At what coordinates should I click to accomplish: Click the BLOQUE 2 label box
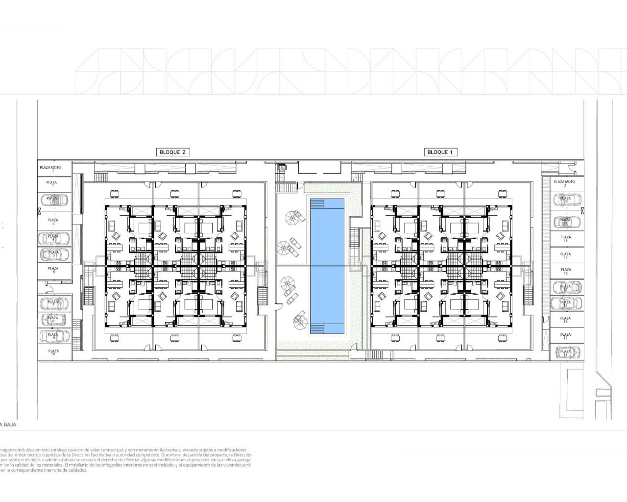(172, 152)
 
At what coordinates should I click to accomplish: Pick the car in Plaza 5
(53, 253)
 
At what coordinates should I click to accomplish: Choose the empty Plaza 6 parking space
(53, 270)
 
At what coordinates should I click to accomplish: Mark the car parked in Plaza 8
(53, 319)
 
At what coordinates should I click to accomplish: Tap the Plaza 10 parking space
(53, 352)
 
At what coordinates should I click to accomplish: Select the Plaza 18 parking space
(565, 239)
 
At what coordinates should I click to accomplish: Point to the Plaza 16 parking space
(565, 271)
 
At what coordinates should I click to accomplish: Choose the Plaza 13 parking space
(565, 320)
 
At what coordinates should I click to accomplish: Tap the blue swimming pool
(326, 265)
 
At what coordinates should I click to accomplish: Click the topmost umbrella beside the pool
(295, 216)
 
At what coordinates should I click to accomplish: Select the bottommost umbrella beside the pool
(300, 322)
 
